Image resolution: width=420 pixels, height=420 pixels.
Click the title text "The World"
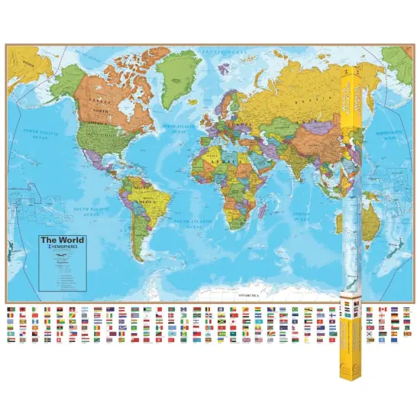click(63, 240)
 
